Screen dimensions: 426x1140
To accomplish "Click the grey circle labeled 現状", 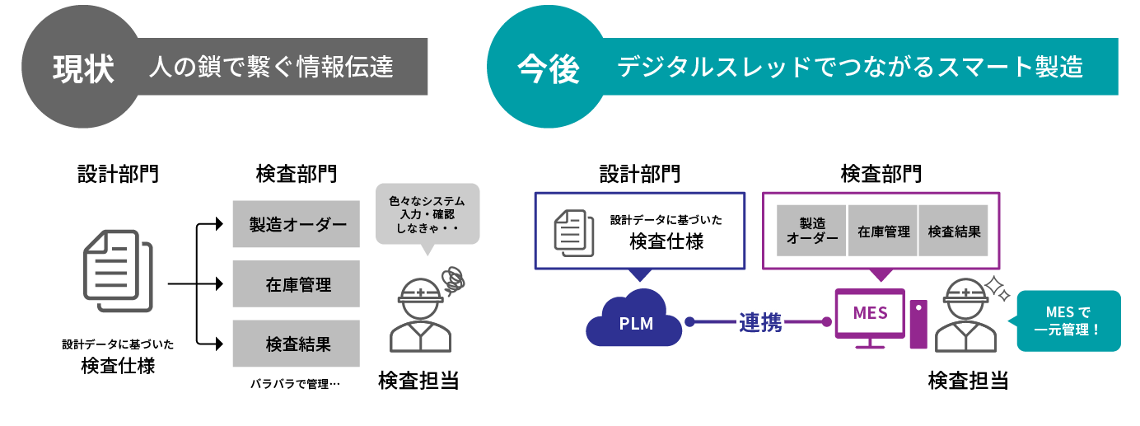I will (82, 68).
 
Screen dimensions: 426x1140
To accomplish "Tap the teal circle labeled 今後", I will (548, 68).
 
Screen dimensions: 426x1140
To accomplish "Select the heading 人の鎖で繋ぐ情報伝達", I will (271, 67).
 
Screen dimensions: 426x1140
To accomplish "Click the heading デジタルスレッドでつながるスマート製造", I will (849, 67).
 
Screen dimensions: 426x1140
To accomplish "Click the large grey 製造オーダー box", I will (297, 224).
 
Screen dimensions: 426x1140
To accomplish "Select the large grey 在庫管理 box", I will (297, 284).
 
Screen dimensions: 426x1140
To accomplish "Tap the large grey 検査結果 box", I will (297, 344).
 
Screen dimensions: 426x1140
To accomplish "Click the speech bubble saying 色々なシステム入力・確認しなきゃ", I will (427, 213).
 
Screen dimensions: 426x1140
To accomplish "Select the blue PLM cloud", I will (635, 321).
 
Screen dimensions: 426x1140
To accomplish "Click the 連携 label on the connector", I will (759, 322).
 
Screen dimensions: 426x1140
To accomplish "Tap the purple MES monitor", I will (870, 316).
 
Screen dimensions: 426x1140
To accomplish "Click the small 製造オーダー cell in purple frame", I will (811, 231).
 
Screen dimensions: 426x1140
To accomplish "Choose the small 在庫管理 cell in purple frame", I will (883, 231).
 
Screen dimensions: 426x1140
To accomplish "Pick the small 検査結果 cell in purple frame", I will (954, 231).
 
